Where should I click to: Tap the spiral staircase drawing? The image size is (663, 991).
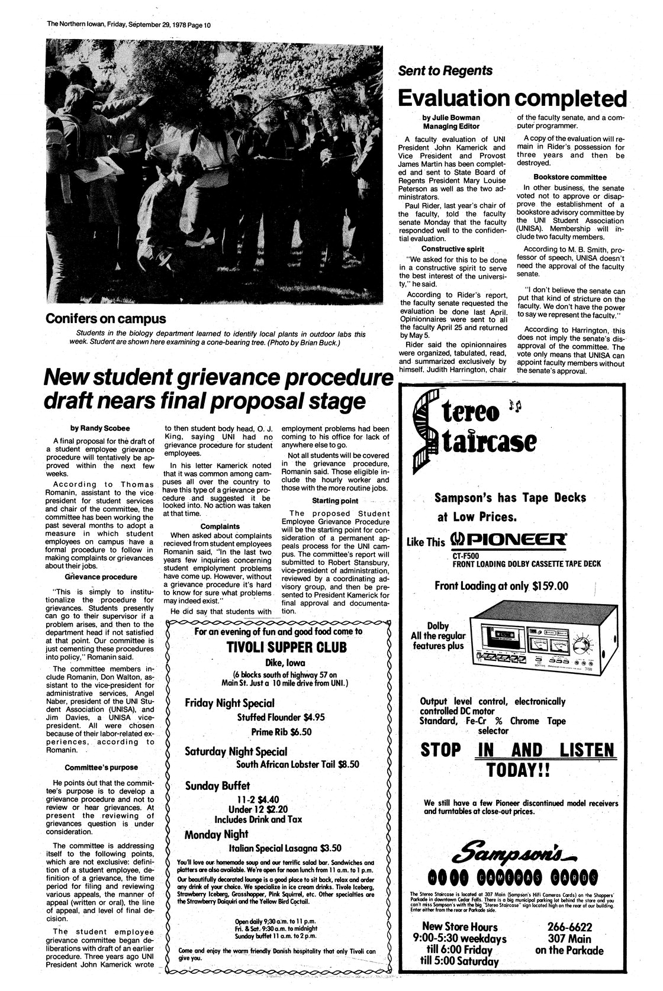point(427,432)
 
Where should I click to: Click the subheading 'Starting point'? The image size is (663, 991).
point(336,501)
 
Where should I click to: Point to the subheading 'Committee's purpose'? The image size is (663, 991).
point(102,767)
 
